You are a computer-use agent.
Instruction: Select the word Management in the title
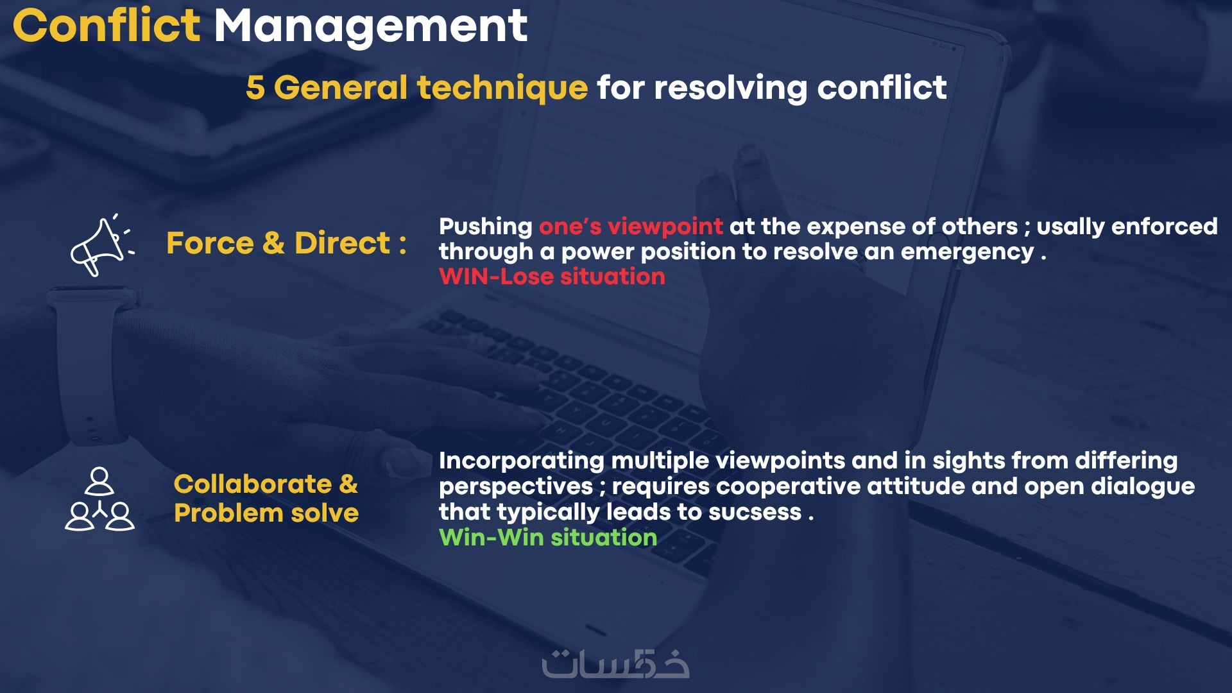[x=370, y=27]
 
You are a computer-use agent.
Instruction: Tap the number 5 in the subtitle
[x=255, y=87]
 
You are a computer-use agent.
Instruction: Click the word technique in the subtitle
[x=502, y=87]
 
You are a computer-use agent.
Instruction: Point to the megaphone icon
[x=101, y=246]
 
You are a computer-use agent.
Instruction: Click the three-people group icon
[x=99, y=500]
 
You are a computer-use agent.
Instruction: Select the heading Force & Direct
[x=286, y=243]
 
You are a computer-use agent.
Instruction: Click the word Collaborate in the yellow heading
[x=253, y=484]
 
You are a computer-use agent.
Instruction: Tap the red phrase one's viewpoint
[x=631, y=227]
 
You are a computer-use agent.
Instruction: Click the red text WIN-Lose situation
[x=552, y=277]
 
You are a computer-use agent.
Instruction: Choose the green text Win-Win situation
[x=548, y=537]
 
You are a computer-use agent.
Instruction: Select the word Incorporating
[x=521, y=461]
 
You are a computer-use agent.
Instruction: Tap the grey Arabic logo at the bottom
[x=615, y=664]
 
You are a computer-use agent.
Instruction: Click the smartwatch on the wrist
[x=90, y=366]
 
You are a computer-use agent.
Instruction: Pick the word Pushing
[x=485, y=227]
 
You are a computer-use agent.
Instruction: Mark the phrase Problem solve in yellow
[x=266, y=513]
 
